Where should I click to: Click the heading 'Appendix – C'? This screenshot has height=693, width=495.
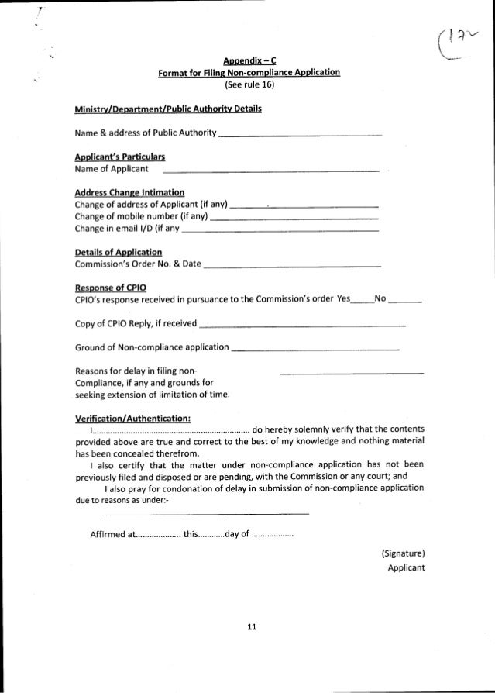tap(247, 60)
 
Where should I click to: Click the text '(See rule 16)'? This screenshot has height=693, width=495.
tap(247, 85)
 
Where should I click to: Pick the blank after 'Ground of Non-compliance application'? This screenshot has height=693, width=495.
tap(315, 350)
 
